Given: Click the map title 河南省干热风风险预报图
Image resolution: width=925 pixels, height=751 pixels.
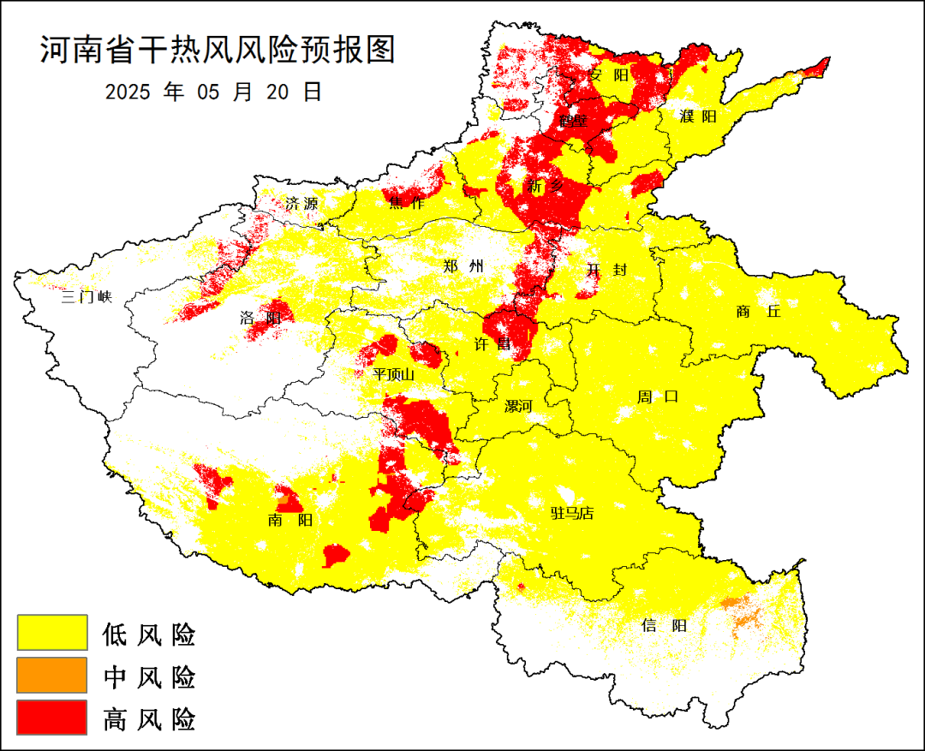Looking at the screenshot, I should (218, 51).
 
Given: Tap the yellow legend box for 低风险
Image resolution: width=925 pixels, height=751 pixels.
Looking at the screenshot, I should (52, 633).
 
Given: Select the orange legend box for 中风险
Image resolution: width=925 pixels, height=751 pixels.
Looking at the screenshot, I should (52, 675).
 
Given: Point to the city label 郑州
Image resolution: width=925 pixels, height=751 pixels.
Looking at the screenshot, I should (463, 266).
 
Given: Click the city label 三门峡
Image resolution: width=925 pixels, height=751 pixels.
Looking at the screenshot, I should (87, 297).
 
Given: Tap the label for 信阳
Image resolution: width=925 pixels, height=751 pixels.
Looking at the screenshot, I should (664, 626).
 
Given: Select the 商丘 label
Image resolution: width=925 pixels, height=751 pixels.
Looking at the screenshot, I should (759, 312).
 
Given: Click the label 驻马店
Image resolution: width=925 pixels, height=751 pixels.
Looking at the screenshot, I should (571, 514).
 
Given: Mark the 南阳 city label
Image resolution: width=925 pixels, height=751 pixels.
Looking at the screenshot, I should (289, 520).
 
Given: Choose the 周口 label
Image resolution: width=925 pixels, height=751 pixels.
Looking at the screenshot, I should (657, 396).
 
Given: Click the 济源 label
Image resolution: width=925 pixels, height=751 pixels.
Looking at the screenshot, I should (301, 204).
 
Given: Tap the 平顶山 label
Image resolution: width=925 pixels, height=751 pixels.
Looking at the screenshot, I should (394, 374).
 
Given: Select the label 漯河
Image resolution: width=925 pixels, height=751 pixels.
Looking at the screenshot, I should (518, 406).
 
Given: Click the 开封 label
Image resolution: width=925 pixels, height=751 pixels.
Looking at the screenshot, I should (606, 270).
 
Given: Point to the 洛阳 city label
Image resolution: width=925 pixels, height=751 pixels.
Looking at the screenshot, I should (261, 319).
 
